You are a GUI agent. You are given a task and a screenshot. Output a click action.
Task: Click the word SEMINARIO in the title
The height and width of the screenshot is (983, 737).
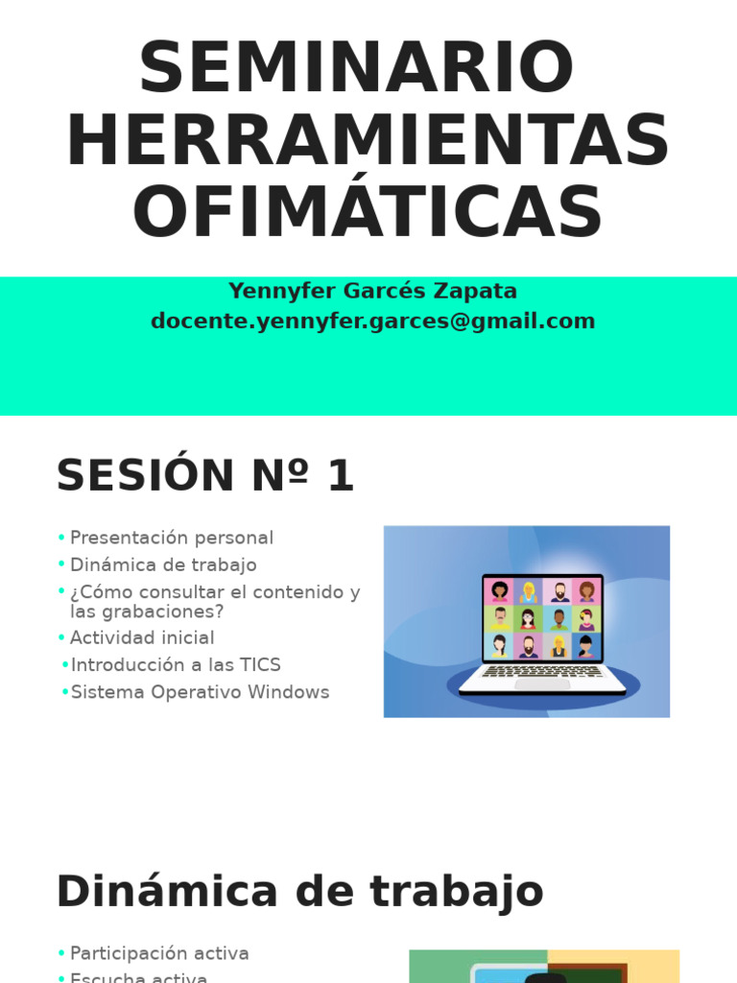point(356,69)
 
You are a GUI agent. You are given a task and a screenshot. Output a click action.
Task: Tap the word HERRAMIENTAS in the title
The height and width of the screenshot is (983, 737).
point(368,142)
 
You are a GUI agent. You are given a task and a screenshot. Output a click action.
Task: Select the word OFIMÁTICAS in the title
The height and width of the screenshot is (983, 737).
point(368,212)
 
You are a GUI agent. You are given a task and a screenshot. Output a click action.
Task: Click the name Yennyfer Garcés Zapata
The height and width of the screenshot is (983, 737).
point(372,291)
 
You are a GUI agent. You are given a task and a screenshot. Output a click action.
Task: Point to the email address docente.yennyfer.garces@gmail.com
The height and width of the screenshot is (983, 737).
point(372,322)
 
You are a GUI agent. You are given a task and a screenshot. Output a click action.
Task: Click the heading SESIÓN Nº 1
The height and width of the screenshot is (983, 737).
point(205,476)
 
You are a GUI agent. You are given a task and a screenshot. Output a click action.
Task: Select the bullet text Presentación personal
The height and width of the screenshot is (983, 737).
point(172,538)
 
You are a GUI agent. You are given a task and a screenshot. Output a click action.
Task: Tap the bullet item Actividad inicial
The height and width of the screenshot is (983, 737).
point(142,637)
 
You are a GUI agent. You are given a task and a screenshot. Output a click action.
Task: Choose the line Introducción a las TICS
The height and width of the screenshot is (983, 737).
point(176,664)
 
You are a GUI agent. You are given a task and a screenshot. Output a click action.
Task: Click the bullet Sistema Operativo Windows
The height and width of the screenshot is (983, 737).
point(200,692)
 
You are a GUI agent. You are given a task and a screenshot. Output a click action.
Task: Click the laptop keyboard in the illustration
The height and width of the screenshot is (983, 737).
point(542,672)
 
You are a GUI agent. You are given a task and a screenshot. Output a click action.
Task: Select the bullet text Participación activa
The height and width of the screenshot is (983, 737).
point(159,953)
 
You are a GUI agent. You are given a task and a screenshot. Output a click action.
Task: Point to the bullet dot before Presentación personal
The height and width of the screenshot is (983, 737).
point(61,538)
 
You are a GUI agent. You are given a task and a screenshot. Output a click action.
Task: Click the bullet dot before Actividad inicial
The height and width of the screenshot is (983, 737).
point(61,637)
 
